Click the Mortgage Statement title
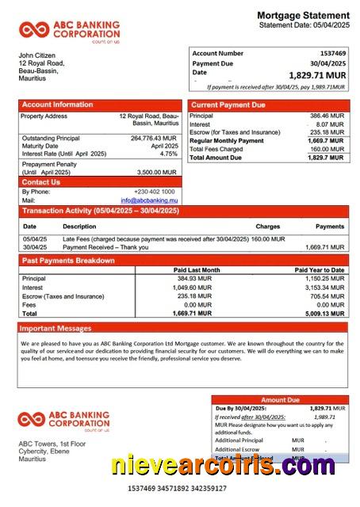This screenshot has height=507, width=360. coord(303,15)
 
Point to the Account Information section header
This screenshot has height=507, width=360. coord(57,105)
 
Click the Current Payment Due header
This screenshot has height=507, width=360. coord(228,105)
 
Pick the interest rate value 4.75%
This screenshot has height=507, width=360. coord(169,154)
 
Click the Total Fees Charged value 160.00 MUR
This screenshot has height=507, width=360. coord(327,149)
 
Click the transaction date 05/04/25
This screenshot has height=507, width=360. coord(35,238)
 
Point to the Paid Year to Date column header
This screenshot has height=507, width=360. coord(319,270)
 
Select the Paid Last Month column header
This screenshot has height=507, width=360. coord(196,270)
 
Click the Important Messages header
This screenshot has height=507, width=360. coord(56,327)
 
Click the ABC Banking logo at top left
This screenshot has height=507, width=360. coord(70,31)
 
